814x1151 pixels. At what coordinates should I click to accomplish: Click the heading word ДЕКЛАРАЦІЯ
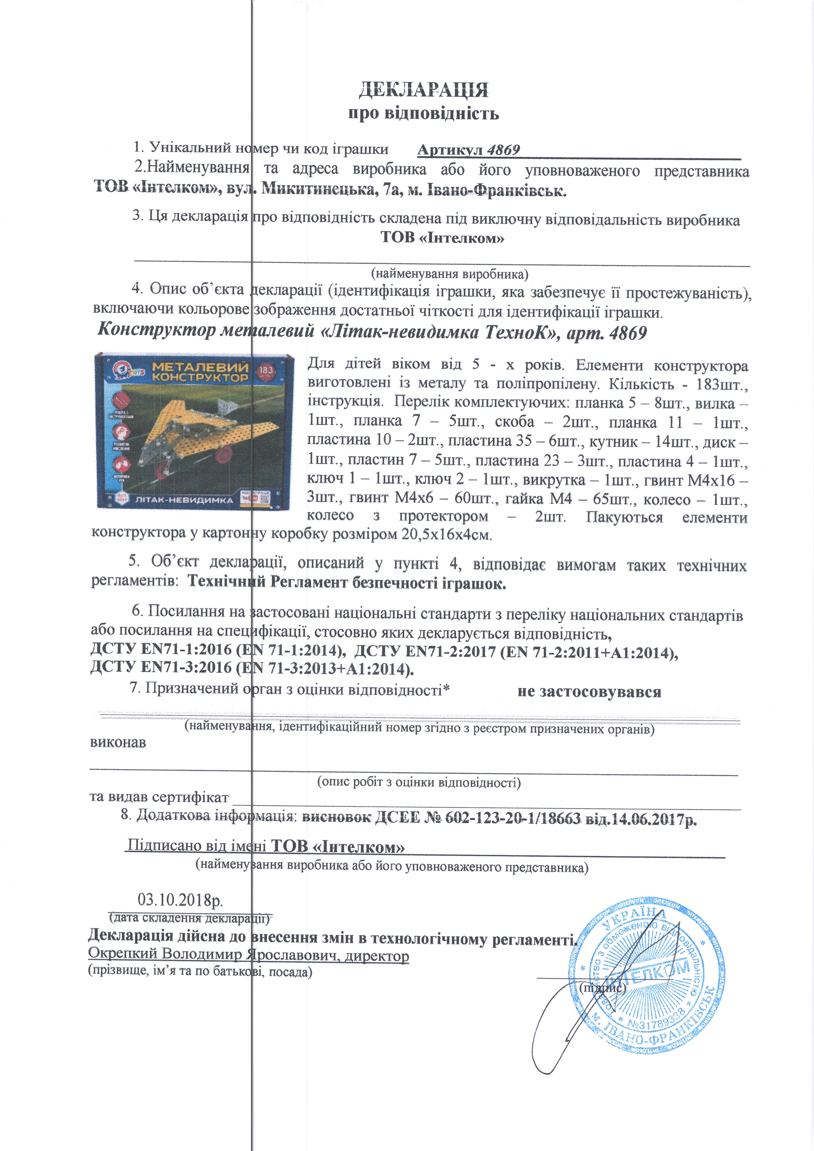423,90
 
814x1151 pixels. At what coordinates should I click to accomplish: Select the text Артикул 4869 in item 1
468,150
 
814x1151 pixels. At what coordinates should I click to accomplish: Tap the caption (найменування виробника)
449,274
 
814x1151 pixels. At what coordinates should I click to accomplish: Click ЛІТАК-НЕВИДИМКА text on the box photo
184,500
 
